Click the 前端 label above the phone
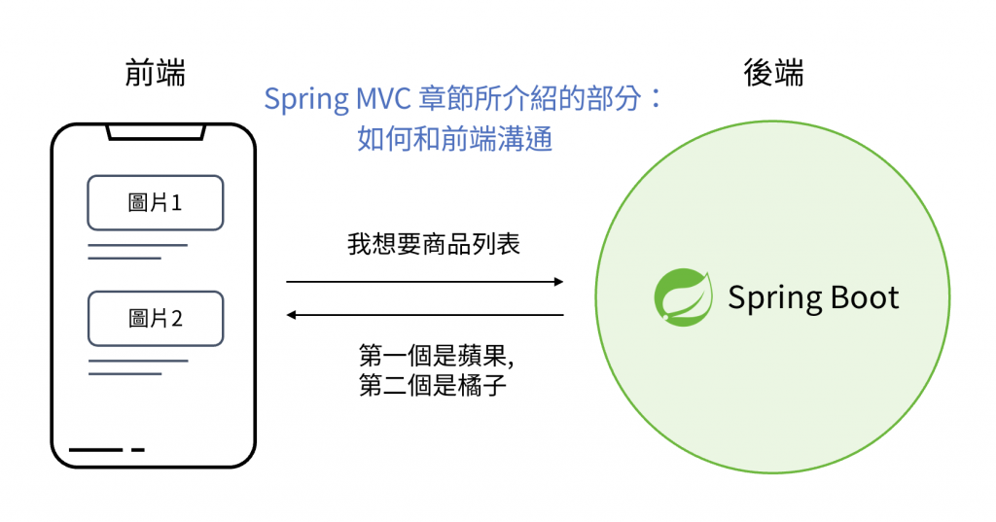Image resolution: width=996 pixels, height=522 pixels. click(156, 73)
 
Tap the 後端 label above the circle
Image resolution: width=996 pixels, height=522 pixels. click(773, 73)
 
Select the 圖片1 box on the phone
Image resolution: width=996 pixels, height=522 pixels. click(156, 202)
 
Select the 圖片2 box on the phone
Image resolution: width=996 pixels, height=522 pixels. click(156, 318)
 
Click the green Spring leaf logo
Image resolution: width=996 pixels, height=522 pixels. click(683, 296)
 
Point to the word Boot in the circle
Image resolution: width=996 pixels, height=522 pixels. click(857, 297)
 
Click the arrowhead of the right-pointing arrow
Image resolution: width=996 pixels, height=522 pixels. click(558, 282)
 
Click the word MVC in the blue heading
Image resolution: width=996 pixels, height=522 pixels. click(380, 99)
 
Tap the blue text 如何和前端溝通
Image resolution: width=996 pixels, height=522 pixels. click(455, 139)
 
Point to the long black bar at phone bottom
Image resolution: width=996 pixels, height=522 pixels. click(95, 450)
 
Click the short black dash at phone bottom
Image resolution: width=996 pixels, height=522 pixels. click(138, 450)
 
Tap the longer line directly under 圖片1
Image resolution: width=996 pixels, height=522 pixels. click(137, 245)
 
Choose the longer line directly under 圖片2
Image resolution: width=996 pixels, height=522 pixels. click(137, 361)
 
